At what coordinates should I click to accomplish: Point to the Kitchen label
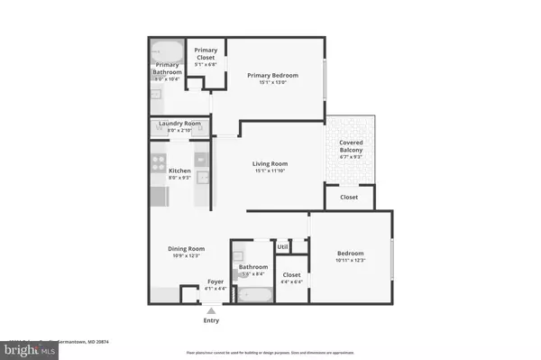pyautogui.click(x=179, y=171)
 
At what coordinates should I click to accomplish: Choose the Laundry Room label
pyautogui.click(x=179, y=124)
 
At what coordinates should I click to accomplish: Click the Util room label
pyautogui.click(x=282, y=246)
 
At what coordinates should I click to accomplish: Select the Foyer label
pyautogui.click(x=215, y=282)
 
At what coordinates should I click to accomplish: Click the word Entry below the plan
pyautogui.click(x=211, y=320)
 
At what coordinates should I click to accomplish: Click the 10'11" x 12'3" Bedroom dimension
pyautogui.click(x=352, y=262)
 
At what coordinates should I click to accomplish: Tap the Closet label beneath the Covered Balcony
pyautogui.click(x=348, y=197)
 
